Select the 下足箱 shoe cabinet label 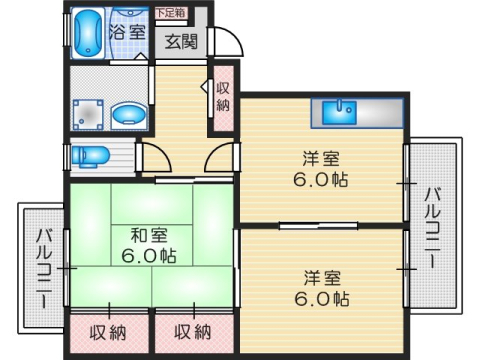pyautogui.click(x=173, y=13)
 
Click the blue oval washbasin pyautogui.click(x=128, y=114)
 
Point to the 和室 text pyautogui.click(x=148, y=236)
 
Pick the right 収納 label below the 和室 pyautogui.click(x=190, y=331)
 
